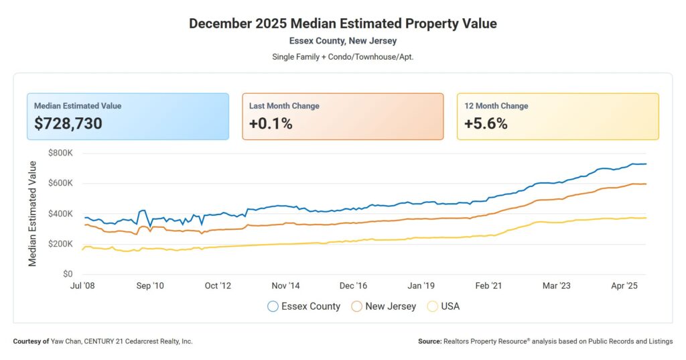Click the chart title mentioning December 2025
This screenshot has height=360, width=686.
tap(343, 23)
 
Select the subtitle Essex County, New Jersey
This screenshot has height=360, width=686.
tap(343, 41)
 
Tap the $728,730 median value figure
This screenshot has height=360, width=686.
tap(68, 123)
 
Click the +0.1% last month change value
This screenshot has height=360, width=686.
tap(271, 123)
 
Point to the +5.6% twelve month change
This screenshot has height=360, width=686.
tap(486, 123)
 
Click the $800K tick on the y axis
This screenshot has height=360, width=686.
tap(60, 153)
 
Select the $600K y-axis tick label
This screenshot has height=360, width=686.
tap(60, 183)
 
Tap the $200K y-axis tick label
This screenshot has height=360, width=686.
tap(60, 244)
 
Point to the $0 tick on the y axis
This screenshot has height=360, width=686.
tap(67, 274)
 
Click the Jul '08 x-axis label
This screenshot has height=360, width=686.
tap(82, 286)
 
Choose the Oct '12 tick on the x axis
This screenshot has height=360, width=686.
tap(217, 286)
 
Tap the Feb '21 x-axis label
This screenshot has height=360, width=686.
tap(488, 286)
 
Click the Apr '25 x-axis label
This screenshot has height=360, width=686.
tap(624, 286)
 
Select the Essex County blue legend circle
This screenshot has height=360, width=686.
tap(273, 306)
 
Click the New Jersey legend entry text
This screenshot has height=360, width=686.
tap(391, 306)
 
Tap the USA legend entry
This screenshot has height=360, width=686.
tap(450, 306)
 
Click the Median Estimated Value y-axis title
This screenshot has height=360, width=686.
tap(33, 213)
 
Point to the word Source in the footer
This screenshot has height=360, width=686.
tap(429, 341)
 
